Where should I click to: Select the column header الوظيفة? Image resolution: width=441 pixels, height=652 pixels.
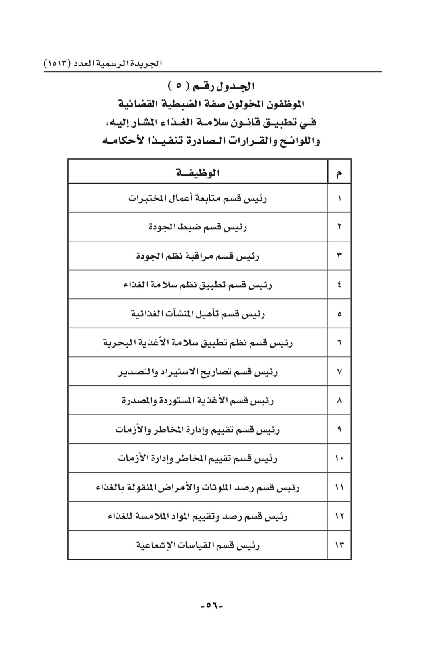(198, 173)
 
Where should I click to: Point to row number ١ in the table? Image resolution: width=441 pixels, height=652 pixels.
(339, 198)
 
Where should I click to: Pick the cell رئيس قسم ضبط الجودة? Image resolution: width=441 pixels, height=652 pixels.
(198, 227)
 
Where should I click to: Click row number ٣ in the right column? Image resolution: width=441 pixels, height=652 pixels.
(339, 256)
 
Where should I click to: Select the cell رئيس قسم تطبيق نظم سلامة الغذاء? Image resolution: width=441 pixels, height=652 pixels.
(198, 285)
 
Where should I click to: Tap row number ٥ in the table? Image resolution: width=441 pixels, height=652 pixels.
(339, 314)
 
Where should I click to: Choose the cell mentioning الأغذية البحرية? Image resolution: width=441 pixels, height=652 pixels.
(198, 342)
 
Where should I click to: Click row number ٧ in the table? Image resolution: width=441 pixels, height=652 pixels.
(339, 371)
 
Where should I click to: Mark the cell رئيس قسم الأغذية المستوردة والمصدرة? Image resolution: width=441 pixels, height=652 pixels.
(198, 400)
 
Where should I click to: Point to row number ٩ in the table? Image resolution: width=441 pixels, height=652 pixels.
(339, 429)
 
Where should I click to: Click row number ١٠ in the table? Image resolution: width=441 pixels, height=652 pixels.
(339, 458)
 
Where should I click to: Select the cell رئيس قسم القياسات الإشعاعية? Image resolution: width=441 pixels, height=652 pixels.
(198, 545)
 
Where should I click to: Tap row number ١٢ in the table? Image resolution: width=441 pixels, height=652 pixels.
(339, 516)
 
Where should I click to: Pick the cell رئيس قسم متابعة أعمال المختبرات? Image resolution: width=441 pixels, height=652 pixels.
(198, 198)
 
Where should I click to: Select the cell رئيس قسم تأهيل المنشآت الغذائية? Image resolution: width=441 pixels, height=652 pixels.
(198, 314)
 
